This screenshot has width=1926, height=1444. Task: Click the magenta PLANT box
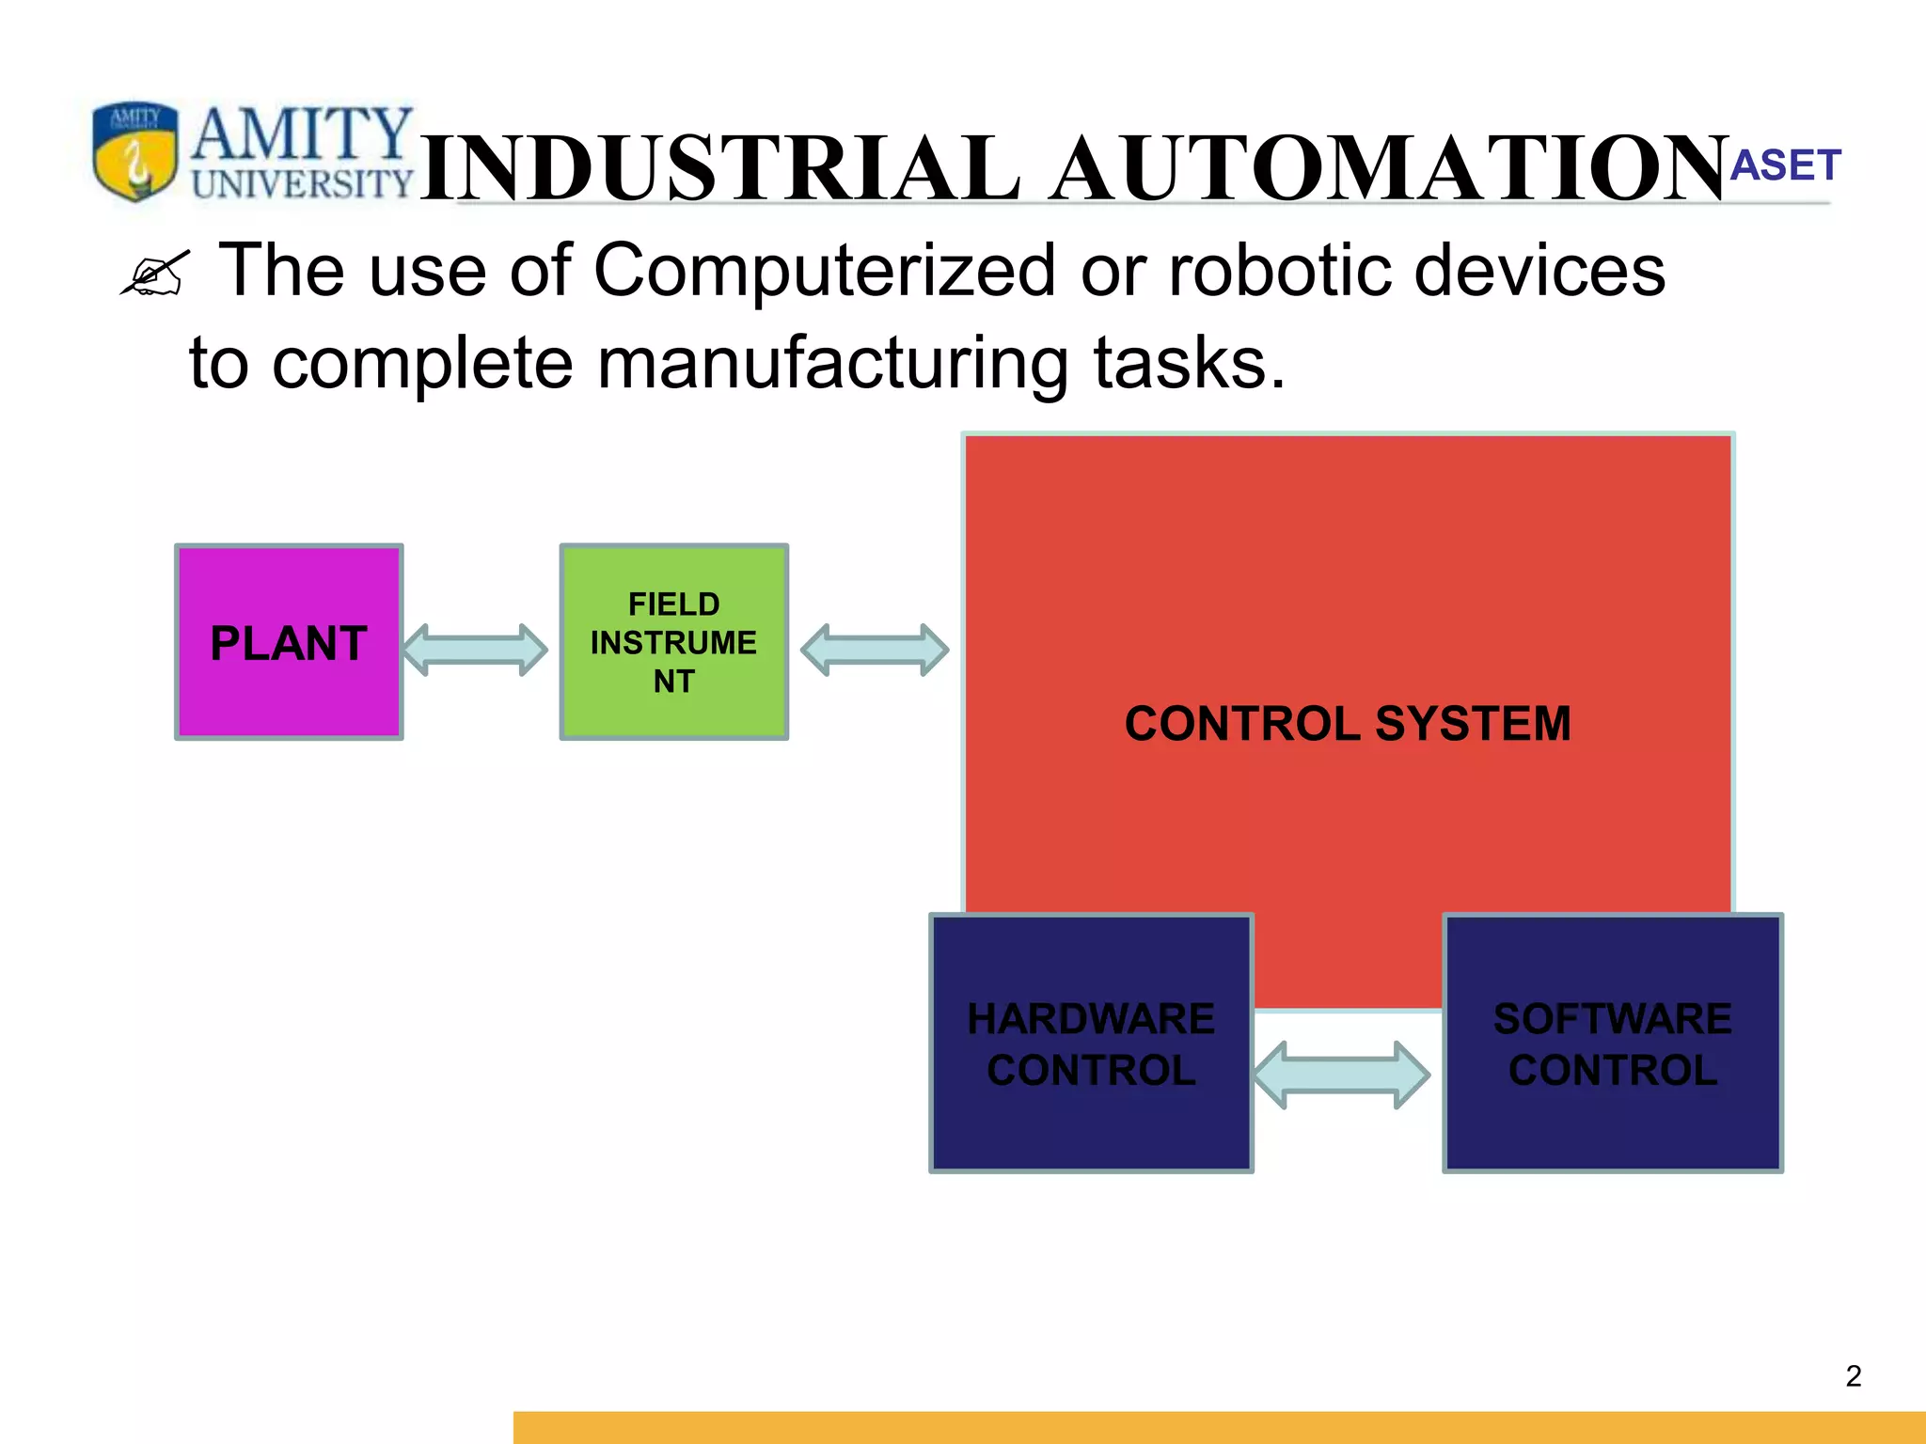289,642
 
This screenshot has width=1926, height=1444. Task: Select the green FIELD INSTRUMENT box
673,642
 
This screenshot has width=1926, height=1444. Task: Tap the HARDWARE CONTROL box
1091,1044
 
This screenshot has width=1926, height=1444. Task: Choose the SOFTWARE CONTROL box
1613,1044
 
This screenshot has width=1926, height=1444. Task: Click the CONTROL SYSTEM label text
1348,724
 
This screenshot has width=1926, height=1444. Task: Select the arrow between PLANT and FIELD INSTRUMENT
475,650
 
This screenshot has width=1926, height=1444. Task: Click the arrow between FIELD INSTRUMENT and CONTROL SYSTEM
875,650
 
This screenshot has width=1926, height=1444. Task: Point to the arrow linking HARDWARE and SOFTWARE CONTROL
1342,1075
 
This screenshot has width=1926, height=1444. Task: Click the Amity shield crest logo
135,150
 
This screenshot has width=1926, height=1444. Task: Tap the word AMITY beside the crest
302,134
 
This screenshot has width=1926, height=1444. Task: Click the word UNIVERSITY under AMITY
302,183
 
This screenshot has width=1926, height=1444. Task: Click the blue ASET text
1785,165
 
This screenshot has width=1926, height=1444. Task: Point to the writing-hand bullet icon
155,274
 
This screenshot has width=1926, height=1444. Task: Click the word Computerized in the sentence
825,271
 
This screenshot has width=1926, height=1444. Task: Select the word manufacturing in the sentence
832,364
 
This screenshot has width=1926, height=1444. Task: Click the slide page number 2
1854,1376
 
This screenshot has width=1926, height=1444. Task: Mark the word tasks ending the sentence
1189,364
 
